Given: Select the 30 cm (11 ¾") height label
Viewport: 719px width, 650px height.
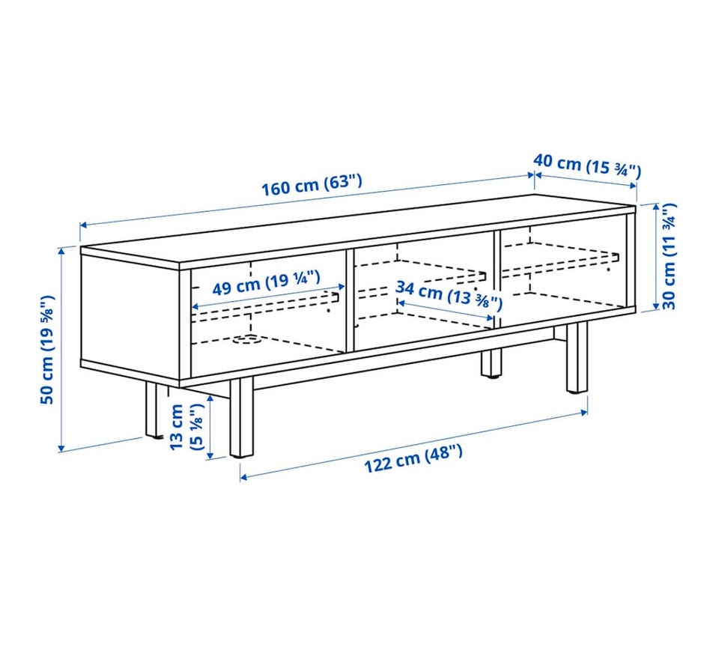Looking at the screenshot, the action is pos(669,256).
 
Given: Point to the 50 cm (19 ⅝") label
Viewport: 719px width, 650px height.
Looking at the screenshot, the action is pos(47,350).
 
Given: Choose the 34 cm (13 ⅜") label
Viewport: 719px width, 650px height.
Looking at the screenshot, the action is pos(449,295).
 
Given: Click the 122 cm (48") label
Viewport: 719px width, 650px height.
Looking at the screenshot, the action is pos(413,458).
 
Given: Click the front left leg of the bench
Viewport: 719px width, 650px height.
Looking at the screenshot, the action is pos(242,418).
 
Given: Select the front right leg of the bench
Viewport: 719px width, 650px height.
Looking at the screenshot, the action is pos(577,357).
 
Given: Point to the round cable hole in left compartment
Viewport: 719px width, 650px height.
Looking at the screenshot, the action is pos(246,340).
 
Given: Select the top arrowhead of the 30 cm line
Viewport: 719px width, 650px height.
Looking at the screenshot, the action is pos(656,207).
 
